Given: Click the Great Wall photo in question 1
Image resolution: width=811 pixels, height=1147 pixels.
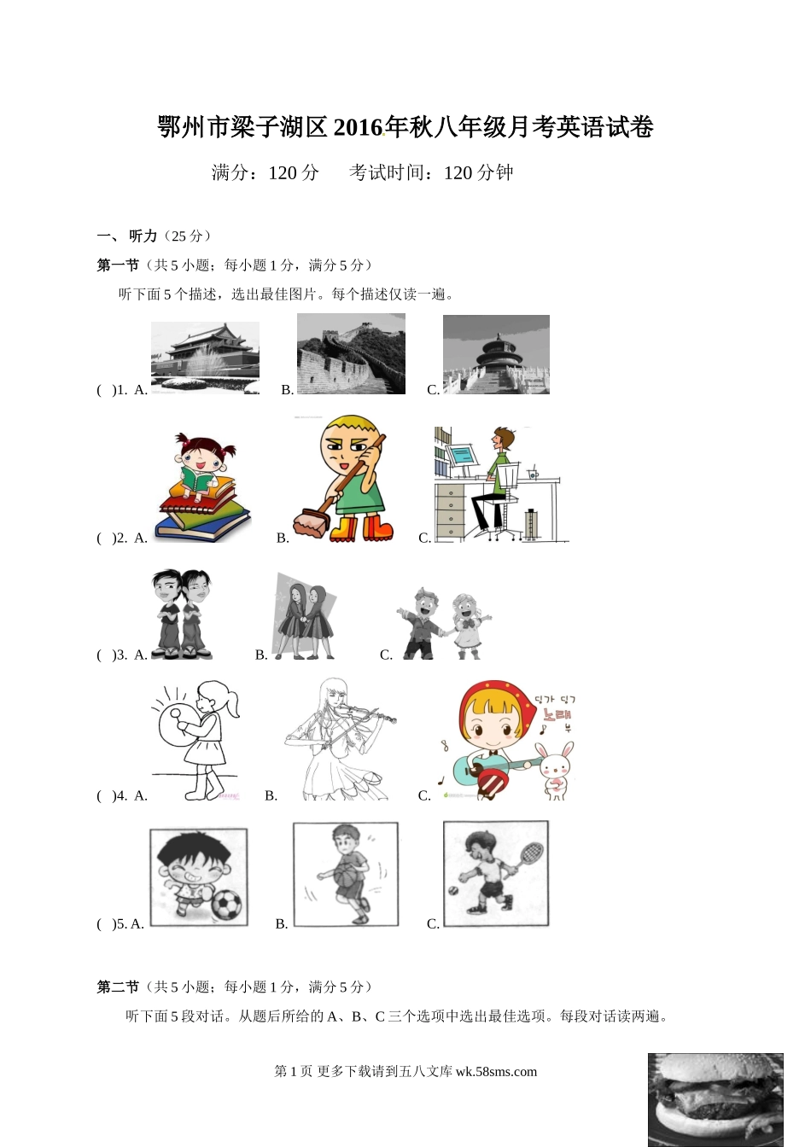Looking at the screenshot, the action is tap(351, 354).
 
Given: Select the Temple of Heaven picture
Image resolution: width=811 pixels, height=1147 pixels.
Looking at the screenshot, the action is tap(496, 354).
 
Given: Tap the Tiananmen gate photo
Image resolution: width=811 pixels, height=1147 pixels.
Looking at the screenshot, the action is tap(205, 358).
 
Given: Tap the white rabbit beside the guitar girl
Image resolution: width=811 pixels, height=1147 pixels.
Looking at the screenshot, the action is tap(557, 770).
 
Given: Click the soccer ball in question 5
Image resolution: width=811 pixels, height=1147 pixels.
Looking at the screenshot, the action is tap(227, 905).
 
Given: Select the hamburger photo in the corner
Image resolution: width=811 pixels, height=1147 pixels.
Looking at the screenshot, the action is tap(715, 1099).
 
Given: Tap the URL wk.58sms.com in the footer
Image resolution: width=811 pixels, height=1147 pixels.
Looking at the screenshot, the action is tap(496, 1071).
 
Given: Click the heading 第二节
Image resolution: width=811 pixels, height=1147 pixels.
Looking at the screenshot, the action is tap(118, 987).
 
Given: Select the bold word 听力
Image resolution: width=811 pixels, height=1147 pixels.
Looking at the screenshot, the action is tap(143, 236).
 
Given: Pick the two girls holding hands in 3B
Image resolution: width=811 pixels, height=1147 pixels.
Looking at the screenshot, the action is tap(305, 621).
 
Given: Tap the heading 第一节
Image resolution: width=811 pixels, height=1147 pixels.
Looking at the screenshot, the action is tap(118, 265).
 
